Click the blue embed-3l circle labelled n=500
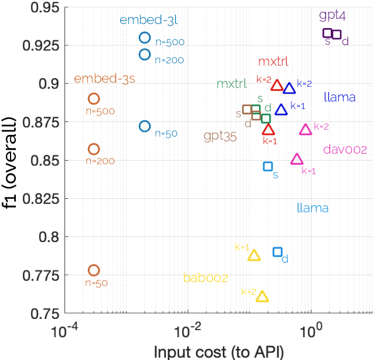pos(145,38)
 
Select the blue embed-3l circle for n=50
pos(145,126)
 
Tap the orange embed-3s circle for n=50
pos(94,270)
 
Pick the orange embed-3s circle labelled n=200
pos(94,149)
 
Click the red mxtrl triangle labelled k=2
pos(277,86)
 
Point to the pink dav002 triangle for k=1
pos(297,159)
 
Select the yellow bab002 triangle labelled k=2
pos(263,297)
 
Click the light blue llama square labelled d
pos(278,252)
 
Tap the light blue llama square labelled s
pos(268,167)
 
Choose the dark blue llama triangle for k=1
pos(281,110)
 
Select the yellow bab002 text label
pos(205,277)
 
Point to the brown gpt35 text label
pos(220,137)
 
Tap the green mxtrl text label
pos(232,84)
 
